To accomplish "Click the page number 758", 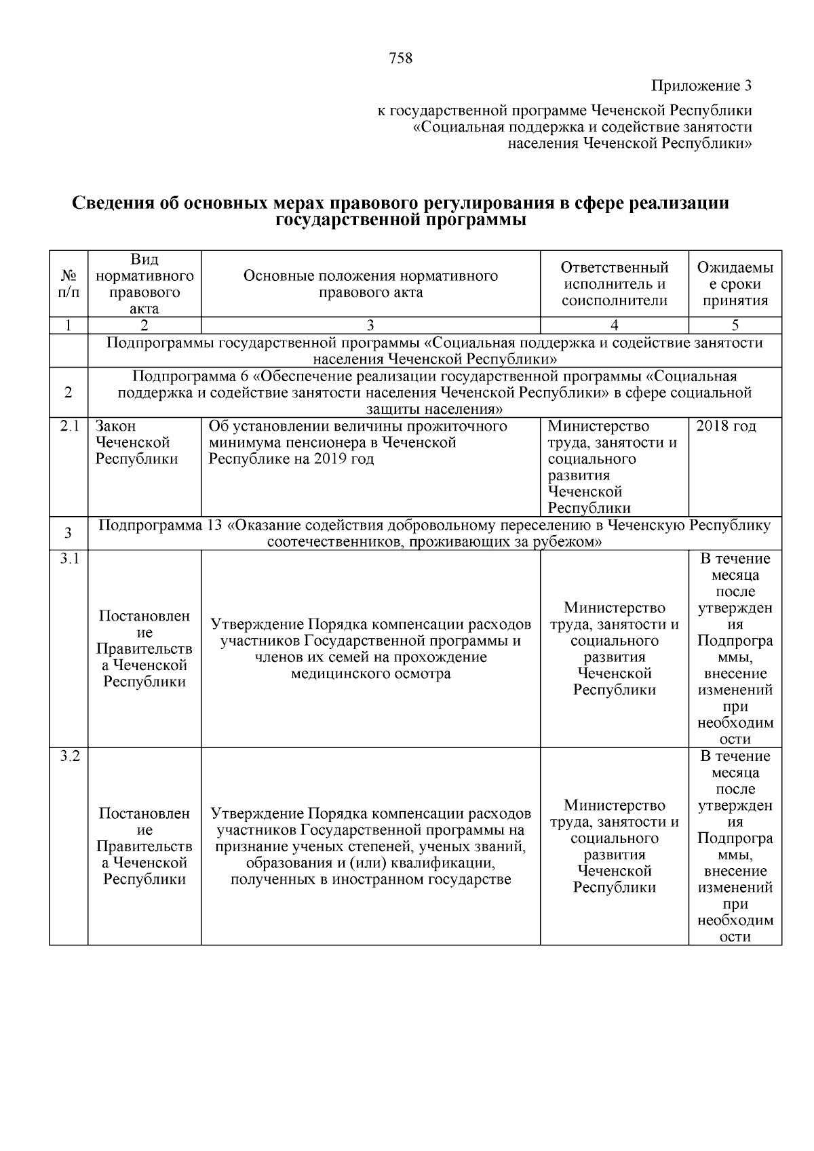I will [x=400, y=58].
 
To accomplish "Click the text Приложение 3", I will [x=701, y=86].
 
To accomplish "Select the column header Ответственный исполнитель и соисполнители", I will [x=614, y=284].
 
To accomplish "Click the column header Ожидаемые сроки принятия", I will [x=735, y=284].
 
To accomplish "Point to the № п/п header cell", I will [x=69, y=284].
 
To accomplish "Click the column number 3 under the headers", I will [x=370, y=325].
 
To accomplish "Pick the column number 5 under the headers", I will [x=735, y=325].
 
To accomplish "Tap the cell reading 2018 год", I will [x=726, y=427].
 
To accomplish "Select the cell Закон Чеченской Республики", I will [x=136, y=442].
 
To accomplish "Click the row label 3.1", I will [x=69, y=559].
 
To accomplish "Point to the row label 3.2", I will [x=69, y=756].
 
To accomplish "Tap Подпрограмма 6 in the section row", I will [x=191, y=376].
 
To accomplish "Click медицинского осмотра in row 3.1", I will [x=370, y=674].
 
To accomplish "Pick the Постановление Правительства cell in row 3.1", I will [x=144, y=649].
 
